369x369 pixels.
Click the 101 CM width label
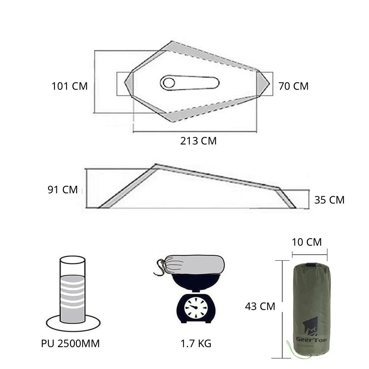tap(70, 86)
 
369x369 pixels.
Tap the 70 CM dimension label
tap(293, 86)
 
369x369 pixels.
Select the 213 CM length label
tap(198, 141)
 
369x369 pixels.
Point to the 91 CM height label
tap(63, 189)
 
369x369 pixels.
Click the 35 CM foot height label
tap(329, 199)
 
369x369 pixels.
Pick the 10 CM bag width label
tap(307, 242)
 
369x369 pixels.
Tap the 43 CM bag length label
tap(260, 306)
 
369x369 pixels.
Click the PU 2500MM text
tap(70, 343)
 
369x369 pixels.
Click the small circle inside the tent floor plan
tap(169, 83)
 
